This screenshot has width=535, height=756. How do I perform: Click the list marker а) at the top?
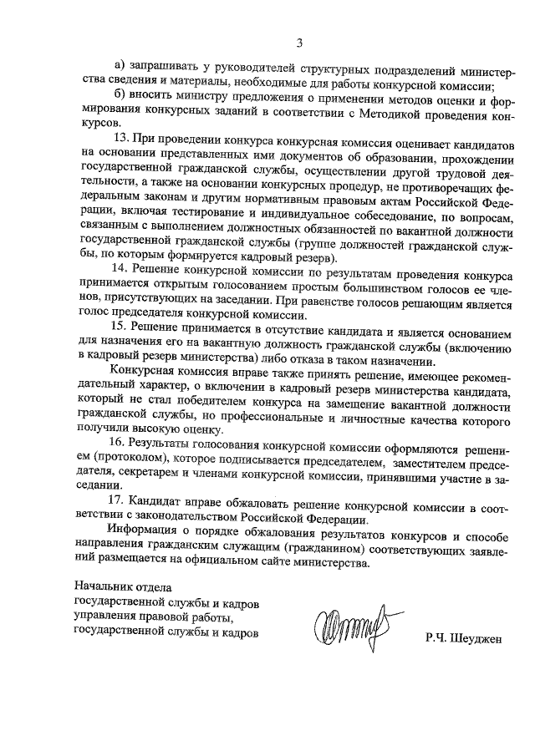pyautogui.click(x=119, y=66)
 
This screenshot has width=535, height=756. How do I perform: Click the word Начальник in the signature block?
pyautogui.click(x=104, y=589)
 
